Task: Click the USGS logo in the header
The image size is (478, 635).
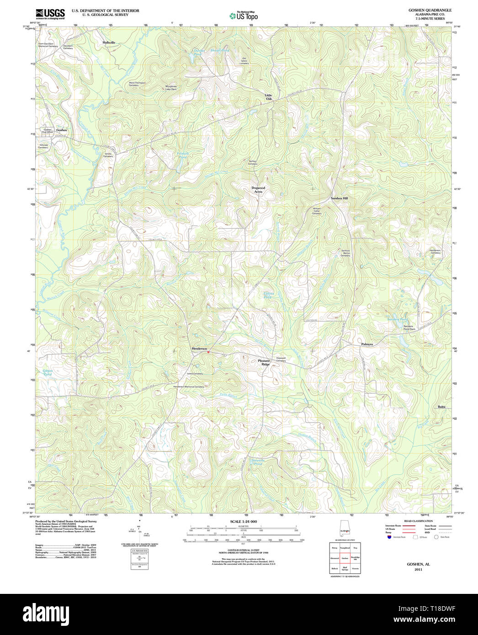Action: (50, 14)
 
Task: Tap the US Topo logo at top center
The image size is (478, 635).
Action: (244, 16)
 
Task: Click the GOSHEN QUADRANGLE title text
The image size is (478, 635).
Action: (423, 10)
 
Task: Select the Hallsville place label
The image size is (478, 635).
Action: (109, 42)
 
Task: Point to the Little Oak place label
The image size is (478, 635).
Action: (268, 97)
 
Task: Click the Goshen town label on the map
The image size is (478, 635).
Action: (61, 130)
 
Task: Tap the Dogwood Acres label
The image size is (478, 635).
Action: (258, 190)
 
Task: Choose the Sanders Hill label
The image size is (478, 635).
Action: (339, 198)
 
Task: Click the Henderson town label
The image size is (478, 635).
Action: (199, 349)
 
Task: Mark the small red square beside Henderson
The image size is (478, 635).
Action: (208, 352)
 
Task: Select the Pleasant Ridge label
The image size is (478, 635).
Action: (264, 362)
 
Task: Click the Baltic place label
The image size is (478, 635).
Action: (441, 407)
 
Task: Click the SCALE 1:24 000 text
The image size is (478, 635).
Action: (243, 521)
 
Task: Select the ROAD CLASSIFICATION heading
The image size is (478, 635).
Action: (409, 521)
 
